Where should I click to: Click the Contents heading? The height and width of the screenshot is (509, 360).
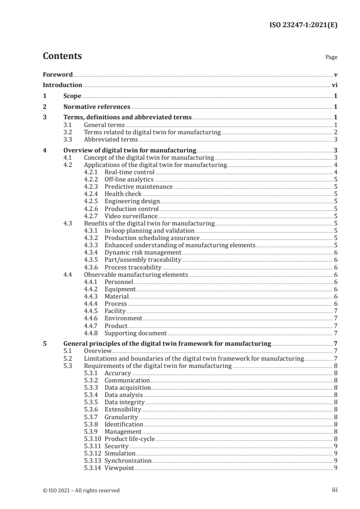pos(62,56)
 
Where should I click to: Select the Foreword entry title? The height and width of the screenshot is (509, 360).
pos(58,74)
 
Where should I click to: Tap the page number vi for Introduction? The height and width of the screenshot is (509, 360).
pos(334,85)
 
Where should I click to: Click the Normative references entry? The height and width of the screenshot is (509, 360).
pos(97,107)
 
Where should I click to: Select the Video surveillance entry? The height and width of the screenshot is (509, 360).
pos(131,216)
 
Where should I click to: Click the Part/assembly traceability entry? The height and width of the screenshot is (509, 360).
pos(143,259)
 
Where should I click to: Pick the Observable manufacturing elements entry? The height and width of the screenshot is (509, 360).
pos(136,274)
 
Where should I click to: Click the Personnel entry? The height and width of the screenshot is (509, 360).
pos(118,282)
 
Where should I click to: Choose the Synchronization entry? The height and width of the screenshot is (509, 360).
pos(128,460)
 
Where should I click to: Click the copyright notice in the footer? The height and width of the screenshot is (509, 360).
pos(81,490)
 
